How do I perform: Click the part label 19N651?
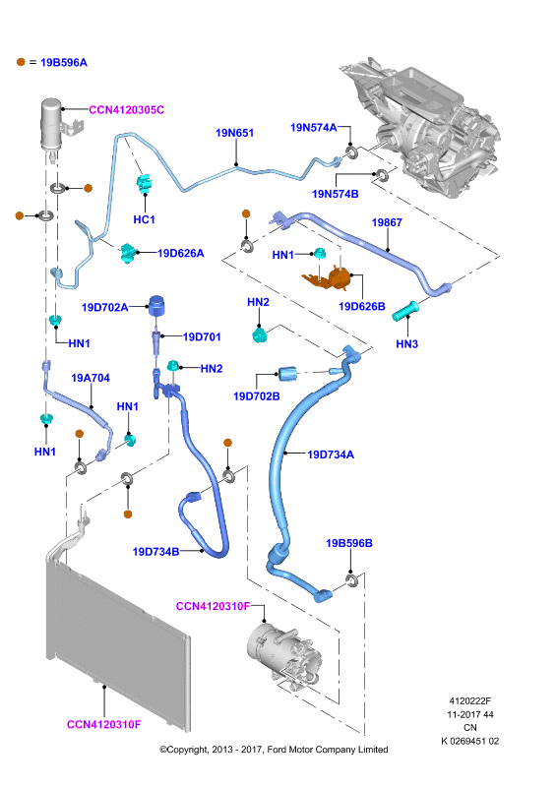click(x=234, y=133)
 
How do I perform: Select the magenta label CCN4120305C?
click(x=127, y=110)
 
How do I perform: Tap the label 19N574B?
click(x=335, y=194)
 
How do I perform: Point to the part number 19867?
click(x=387, y=222)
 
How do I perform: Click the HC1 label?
click(x=144, y=219)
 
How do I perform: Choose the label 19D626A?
click(x=181, y=253)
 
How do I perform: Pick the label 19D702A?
click(x=104, y=307)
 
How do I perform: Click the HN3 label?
click(x=406, y=343)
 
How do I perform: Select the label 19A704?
click(x=91, y=378)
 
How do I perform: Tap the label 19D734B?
click(x=155, y=552)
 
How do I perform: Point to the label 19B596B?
click(x=349, y=543)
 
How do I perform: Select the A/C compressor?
click(x=283, y=653)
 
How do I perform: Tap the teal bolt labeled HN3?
click(x=405, y=310)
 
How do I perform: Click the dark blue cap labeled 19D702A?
click(x=156, y=306)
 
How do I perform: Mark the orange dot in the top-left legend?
click(x=21, y=62)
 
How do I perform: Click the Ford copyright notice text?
click(x=274, y=750)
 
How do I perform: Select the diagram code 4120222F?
click(x=470, y=701)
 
